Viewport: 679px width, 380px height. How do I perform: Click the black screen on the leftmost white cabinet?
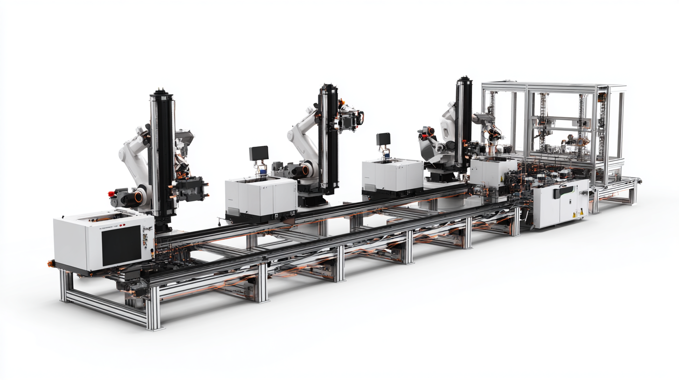point(121,245)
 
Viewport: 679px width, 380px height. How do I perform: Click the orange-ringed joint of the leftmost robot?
point(139,197)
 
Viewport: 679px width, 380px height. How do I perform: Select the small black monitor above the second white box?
point(258,153)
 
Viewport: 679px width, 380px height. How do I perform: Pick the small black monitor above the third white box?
point(383,139)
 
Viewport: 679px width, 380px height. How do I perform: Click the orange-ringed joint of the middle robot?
point(305,170)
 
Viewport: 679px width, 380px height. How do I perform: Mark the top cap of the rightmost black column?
point(464,80)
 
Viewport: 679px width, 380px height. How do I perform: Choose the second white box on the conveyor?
point(261,198)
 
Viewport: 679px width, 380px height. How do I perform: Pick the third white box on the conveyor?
point(392,175)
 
